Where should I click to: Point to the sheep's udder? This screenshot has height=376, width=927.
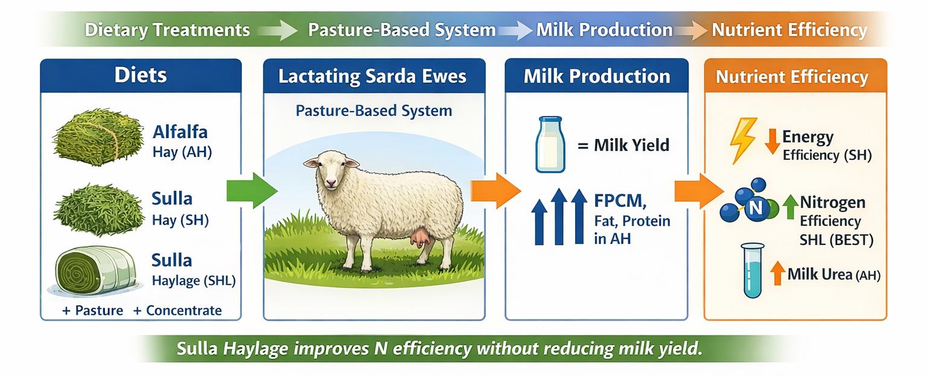click(x=420, y=240)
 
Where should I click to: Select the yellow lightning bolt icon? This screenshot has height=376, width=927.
click(x=743, y=139)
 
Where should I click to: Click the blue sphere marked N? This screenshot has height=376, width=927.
click(x=754, y=209)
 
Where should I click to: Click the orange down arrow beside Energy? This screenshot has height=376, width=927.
click(x=772, y=141)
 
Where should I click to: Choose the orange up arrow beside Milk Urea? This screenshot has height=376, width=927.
click(x=777, y=273)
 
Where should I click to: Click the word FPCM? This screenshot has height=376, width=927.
click(x=621, y=199)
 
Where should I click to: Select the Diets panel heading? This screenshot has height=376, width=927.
click(x=141, y=75)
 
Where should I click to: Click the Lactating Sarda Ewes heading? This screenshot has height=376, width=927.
click(x=374, y=77)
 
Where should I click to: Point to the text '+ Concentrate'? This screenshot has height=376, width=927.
click(x=177, y=310)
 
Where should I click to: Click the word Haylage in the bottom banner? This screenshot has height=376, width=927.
click(x=256, y=349)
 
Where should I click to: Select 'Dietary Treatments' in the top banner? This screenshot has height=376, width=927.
click(x=167, y=30)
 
